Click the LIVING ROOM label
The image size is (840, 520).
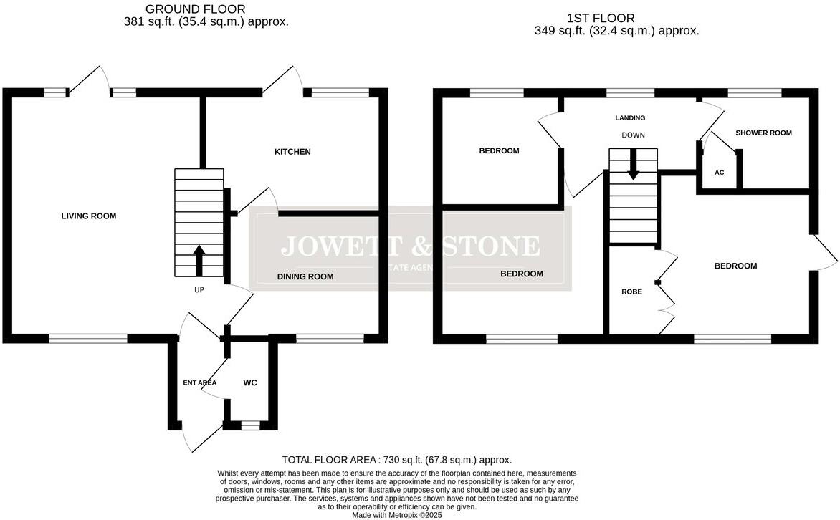88,216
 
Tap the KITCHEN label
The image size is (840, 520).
292,152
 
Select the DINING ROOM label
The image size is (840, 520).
305,276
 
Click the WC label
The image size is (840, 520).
249,383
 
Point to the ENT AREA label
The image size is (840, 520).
199,383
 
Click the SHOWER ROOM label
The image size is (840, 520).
763,133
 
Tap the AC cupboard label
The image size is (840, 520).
719,173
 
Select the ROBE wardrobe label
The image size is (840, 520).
631,292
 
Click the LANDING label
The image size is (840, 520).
630,118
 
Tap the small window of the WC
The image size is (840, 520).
249,425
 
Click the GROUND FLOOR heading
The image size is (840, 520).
195,9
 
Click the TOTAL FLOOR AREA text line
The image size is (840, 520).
396,460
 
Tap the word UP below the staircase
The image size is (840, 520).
199,291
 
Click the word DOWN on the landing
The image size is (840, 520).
633,135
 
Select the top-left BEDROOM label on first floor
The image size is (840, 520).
499,151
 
